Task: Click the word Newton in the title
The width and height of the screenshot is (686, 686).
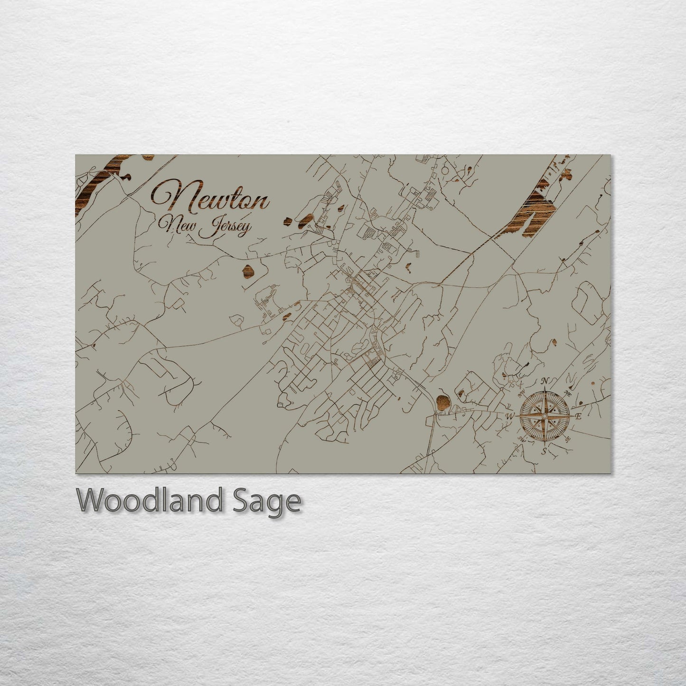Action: click(x=210, y=198)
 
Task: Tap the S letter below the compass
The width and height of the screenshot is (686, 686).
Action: click(x=545, y=451)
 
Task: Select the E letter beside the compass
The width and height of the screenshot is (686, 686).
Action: click(x=578, y=416)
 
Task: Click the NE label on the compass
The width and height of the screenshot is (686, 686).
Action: click(x=568, y=394)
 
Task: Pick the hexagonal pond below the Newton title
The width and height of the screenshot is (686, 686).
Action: click(x=248, y=271)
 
